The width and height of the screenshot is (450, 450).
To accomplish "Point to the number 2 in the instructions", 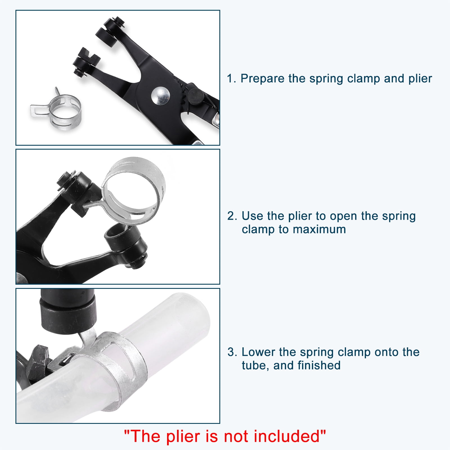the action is [x=232, y=216].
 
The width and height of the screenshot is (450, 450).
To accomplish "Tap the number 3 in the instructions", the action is [x=232, y=352].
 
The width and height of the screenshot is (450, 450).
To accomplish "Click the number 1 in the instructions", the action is [x=231, y=79].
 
